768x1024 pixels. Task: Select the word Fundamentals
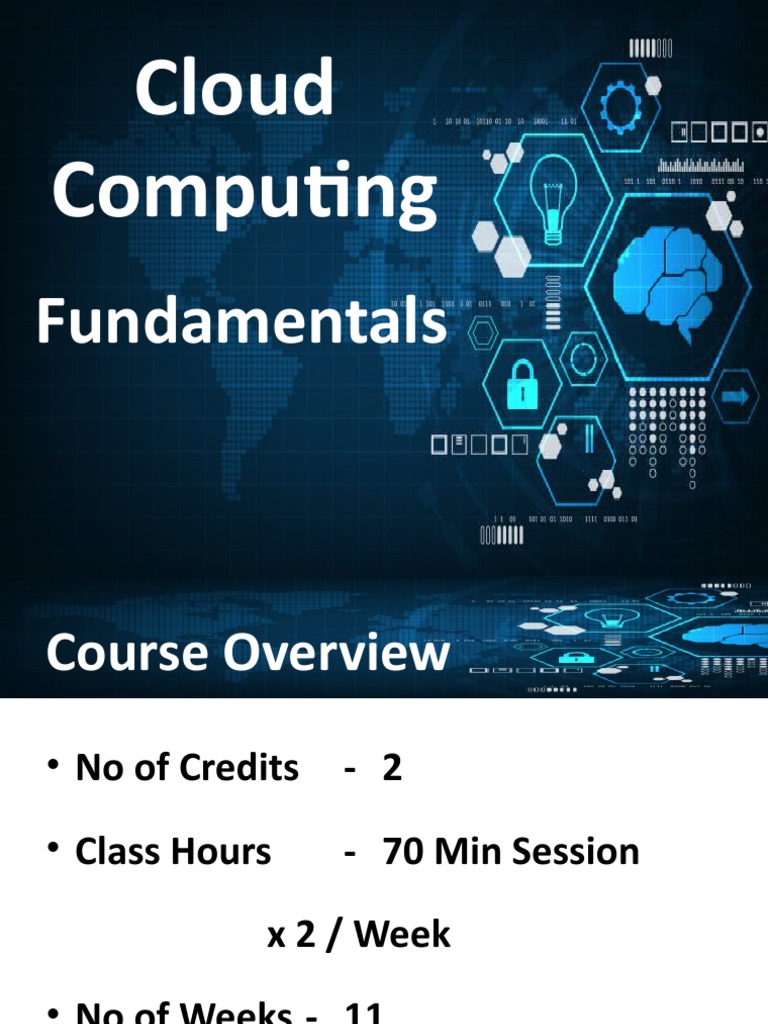pos(241,323)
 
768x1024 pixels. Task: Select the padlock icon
pos(522,384)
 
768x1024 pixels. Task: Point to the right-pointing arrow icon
pos(735,397)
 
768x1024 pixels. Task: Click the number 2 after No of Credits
pos(392,768)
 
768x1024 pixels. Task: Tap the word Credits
pos(238,768)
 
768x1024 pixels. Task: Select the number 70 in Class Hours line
pos(403,852)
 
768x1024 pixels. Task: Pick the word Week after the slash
pos(402,935)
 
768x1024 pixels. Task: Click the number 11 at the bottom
pos(363,1014)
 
